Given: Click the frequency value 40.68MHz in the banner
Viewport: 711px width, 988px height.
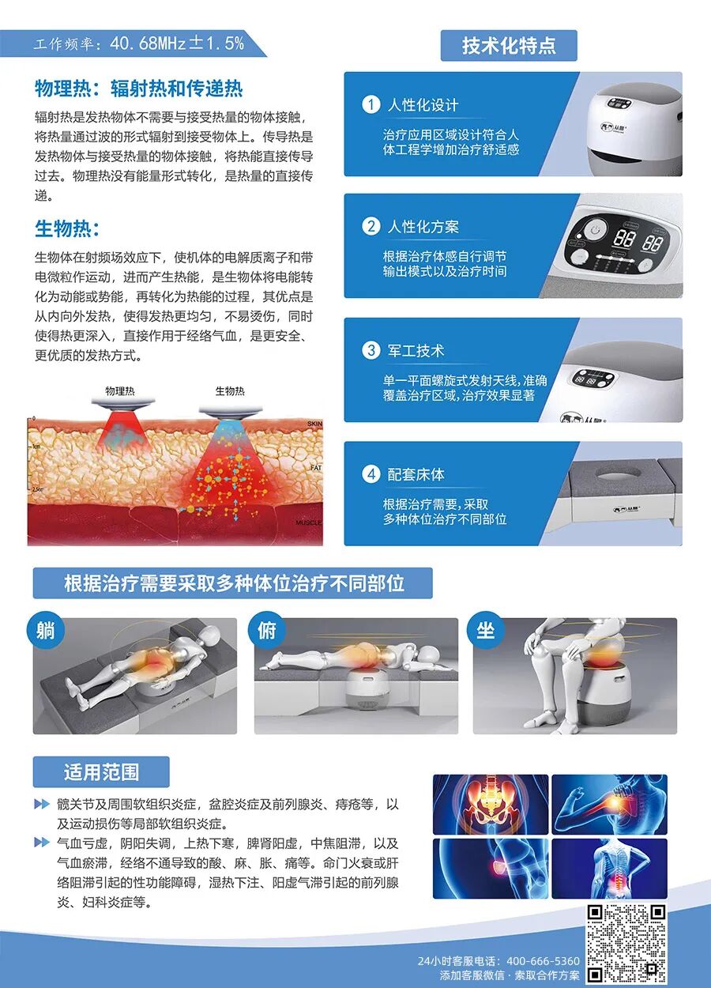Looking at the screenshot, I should [147, 43].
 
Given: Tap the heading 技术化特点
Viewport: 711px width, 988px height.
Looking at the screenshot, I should [509, 46].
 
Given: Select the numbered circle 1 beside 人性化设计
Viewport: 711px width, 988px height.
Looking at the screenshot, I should [371, 104].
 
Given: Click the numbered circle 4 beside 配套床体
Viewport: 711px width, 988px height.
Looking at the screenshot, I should [371, 474].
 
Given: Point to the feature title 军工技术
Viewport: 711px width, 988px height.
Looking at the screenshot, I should [416, 351].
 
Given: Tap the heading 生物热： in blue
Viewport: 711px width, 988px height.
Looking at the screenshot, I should [67, 229].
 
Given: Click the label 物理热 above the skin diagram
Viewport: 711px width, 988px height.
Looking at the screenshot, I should [120, 390].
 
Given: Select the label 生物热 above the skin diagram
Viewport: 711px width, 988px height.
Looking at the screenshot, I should [230, 390].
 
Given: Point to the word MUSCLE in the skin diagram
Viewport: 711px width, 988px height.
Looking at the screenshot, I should [309, 523].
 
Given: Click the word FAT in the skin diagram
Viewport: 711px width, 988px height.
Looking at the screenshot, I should [315, 468].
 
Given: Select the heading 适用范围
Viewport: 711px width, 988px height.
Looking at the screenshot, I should [101, 771].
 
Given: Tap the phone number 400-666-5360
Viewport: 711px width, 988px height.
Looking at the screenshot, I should [544, 961].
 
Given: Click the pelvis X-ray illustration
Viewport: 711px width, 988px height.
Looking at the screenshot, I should [491, 804].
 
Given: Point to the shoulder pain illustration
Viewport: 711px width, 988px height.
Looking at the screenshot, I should [608, 804].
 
